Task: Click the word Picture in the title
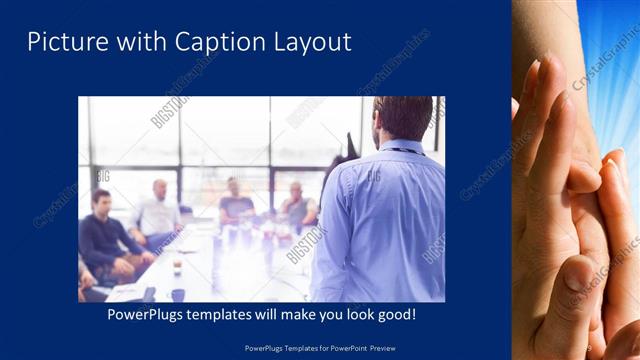60,42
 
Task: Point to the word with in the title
135,42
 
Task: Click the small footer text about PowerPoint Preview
320,347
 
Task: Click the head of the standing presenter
404,118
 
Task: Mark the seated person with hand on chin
297,205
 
